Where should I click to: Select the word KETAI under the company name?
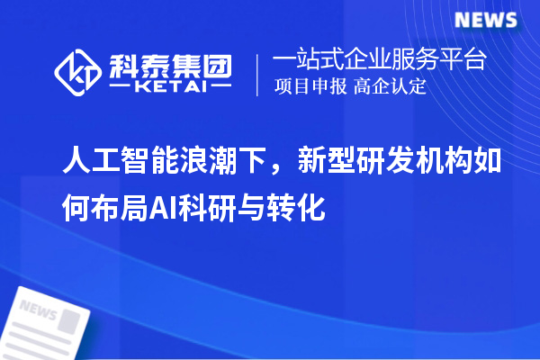(x=170, y=87)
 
